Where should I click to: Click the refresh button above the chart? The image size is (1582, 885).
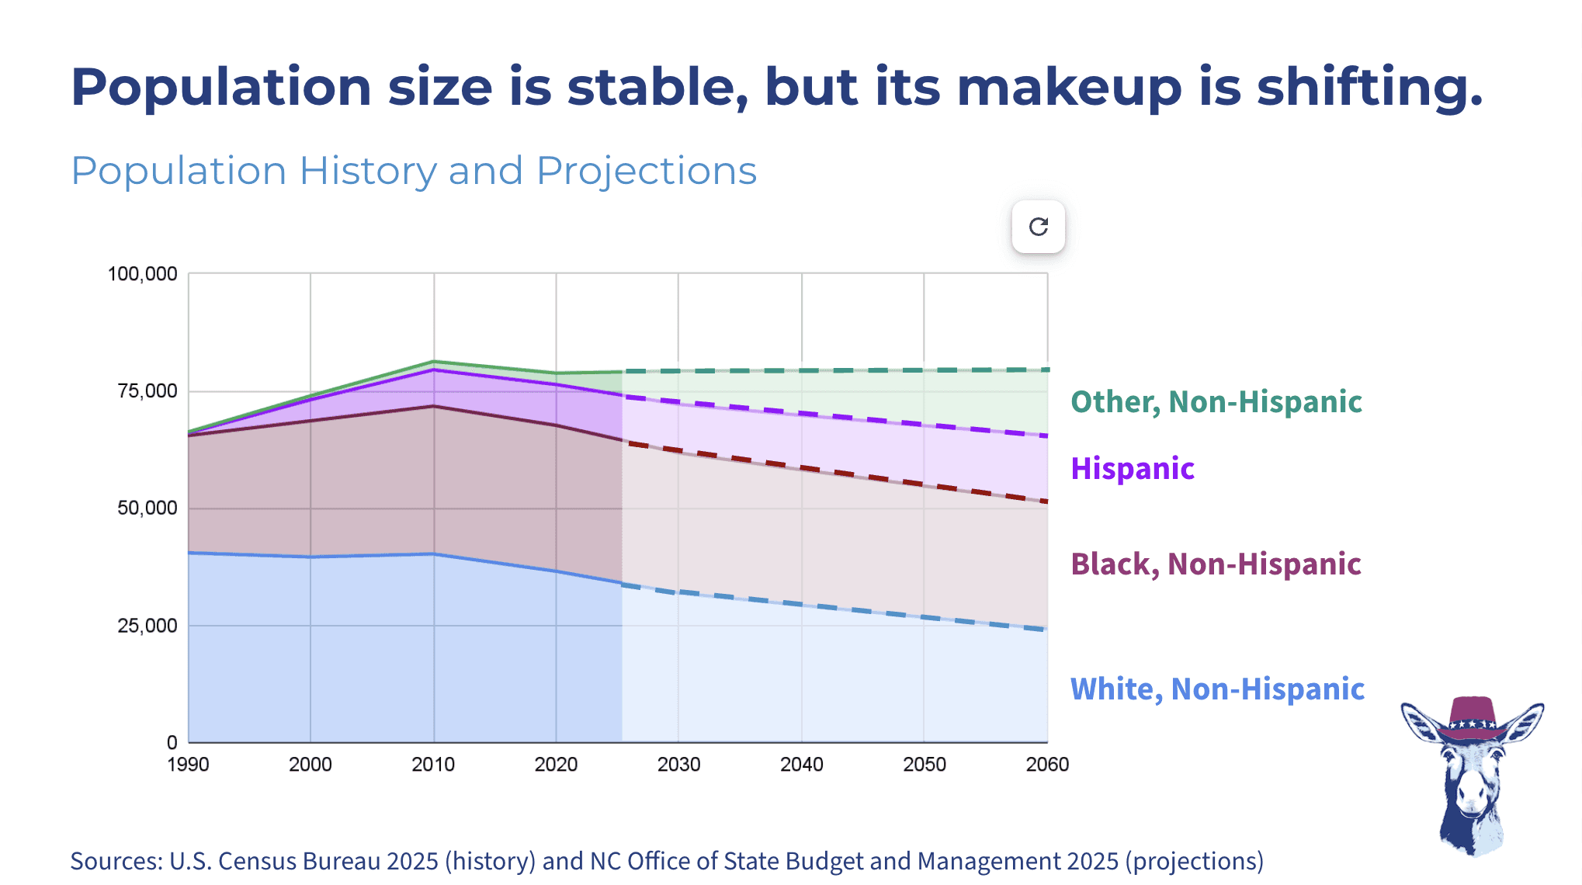coord(1038,227)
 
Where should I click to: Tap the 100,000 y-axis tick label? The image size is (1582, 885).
coord(143,274)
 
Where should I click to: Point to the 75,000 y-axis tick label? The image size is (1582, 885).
coord(147,391)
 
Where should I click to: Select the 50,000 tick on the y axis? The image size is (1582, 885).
coord(147,508)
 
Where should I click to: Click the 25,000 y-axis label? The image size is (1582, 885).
coord(147,626)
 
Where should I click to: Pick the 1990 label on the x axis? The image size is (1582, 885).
coord(189,765)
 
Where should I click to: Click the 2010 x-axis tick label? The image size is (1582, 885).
coord(433,765)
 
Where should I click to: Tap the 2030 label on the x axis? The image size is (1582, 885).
coord(678,765)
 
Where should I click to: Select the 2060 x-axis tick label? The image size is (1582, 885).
coord(1046,765)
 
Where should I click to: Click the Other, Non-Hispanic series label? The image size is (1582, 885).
coord(1216,402)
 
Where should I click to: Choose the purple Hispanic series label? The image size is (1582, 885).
coord(1132,469)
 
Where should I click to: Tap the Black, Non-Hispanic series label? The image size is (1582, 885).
coord(1216,564)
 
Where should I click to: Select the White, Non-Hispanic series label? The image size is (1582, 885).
coord(1216,689)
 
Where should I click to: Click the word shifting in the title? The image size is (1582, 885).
coord(1369,87)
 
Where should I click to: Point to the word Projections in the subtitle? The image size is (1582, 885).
coord(646,171)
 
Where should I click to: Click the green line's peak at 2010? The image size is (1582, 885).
coord(434,361)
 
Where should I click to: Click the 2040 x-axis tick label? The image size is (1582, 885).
coord(801,765)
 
